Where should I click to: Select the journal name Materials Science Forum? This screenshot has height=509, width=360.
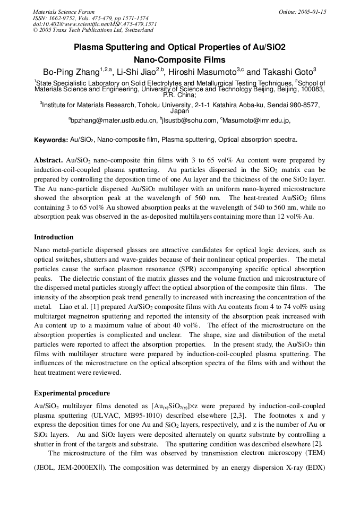64,12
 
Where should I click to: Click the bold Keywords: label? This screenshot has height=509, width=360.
51,140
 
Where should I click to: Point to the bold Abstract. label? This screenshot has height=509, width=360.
49,160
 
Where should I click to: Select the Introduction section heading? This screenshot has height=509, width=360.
54,237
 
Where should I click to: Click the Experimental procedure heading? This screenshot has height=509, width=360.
72,393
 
